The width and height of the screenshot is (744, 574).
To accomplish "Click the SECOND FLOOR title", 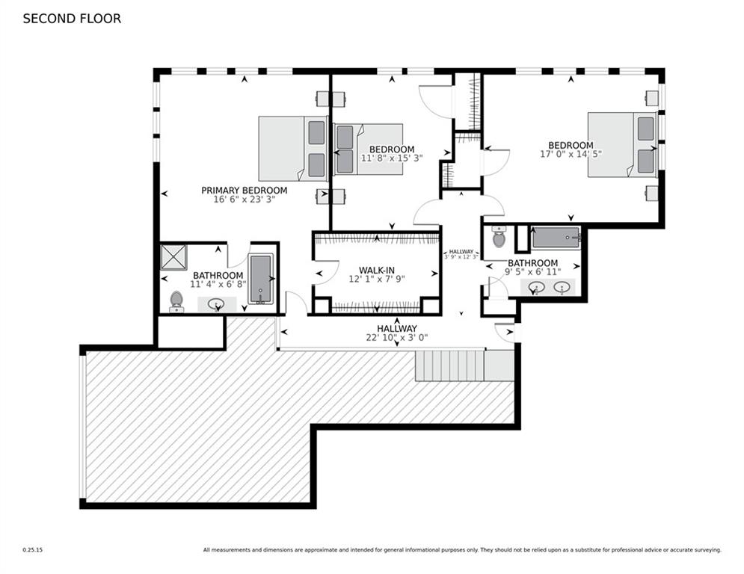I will coord(72,19).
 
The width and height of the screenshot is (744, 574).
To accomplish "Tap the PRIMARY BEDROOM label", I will coord(244,191).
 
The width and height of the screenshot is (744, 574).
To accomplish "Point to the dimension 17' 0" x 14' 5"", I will coord(571,155).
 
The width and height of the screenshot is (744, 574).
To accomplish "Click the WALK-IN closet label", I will coord(376,269).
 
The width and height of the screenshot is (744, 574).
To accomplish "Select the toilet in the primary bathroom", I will coord(176,300).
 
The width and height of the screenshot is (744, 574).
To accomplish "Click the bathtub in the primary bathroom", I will coord(261,279).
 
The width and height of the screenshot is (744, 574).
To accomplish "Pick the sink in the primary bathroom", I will coord(216,304).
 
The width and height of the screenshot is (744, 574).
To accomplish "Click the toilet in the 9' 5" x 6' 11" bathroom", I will coord(499,238).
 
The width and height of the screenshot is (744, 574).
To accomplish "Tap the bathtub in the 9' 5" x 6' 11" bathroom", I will coord(556,238).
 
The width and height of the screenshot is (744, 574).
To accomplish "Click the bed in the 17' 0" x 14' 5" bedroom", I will coord(621,144).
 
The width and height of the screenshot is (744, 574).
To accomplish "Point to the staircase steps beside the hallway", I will coord(449,365).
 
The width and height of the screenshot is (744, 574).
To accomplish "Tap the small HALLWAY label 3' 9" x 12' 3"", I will coord(461,254).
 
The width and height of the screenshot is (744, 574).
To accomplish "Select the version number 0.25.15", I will coord(33,550).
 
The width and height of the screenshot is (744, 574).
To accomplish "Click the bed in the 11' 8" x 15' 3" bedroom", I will coord(368,149).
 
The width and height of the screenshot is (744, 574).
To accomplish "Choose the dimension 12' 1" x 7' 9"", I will coord(376,279).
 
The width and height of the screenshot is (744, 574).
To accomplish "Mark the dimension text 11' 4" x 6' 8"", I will coord(218,284).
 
